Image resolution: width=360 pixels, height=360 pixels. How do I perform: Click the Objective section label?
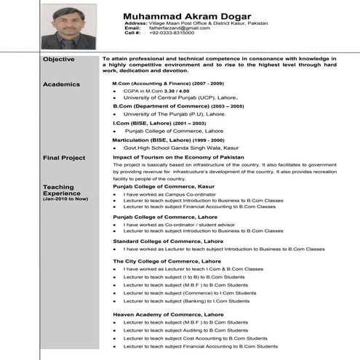(x=58, y=58)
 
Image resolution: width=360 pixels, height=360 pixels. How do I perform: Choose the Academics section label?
(x=60, y=84)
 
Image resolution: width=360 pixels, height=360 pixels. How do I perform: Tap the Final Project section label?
(x=64, y=158)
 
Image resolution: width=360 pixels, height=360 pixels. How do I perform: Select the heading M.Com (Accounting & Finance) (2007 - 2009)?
(x=163, y=84)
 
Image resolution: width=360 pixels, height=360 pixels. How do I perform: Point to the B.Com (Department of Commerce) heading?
(x=168, y=106)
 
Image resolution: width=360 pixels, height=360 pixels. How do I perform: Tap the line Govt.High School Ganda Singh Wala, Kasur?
(x=183, y=147)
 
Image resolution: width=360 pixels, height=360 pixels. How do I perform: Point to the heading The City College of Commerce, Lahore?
(x=168, y=260)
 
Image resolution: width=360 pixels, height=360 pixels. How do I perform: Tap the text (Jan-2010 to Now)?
(x=65, y=199)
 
